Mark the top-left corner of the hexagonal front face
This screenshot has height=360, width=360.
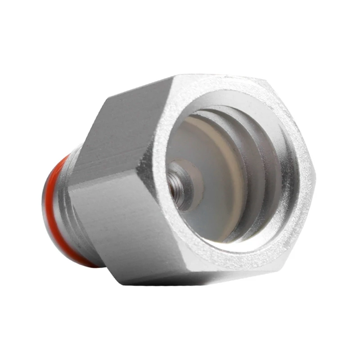pos(173,77)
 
